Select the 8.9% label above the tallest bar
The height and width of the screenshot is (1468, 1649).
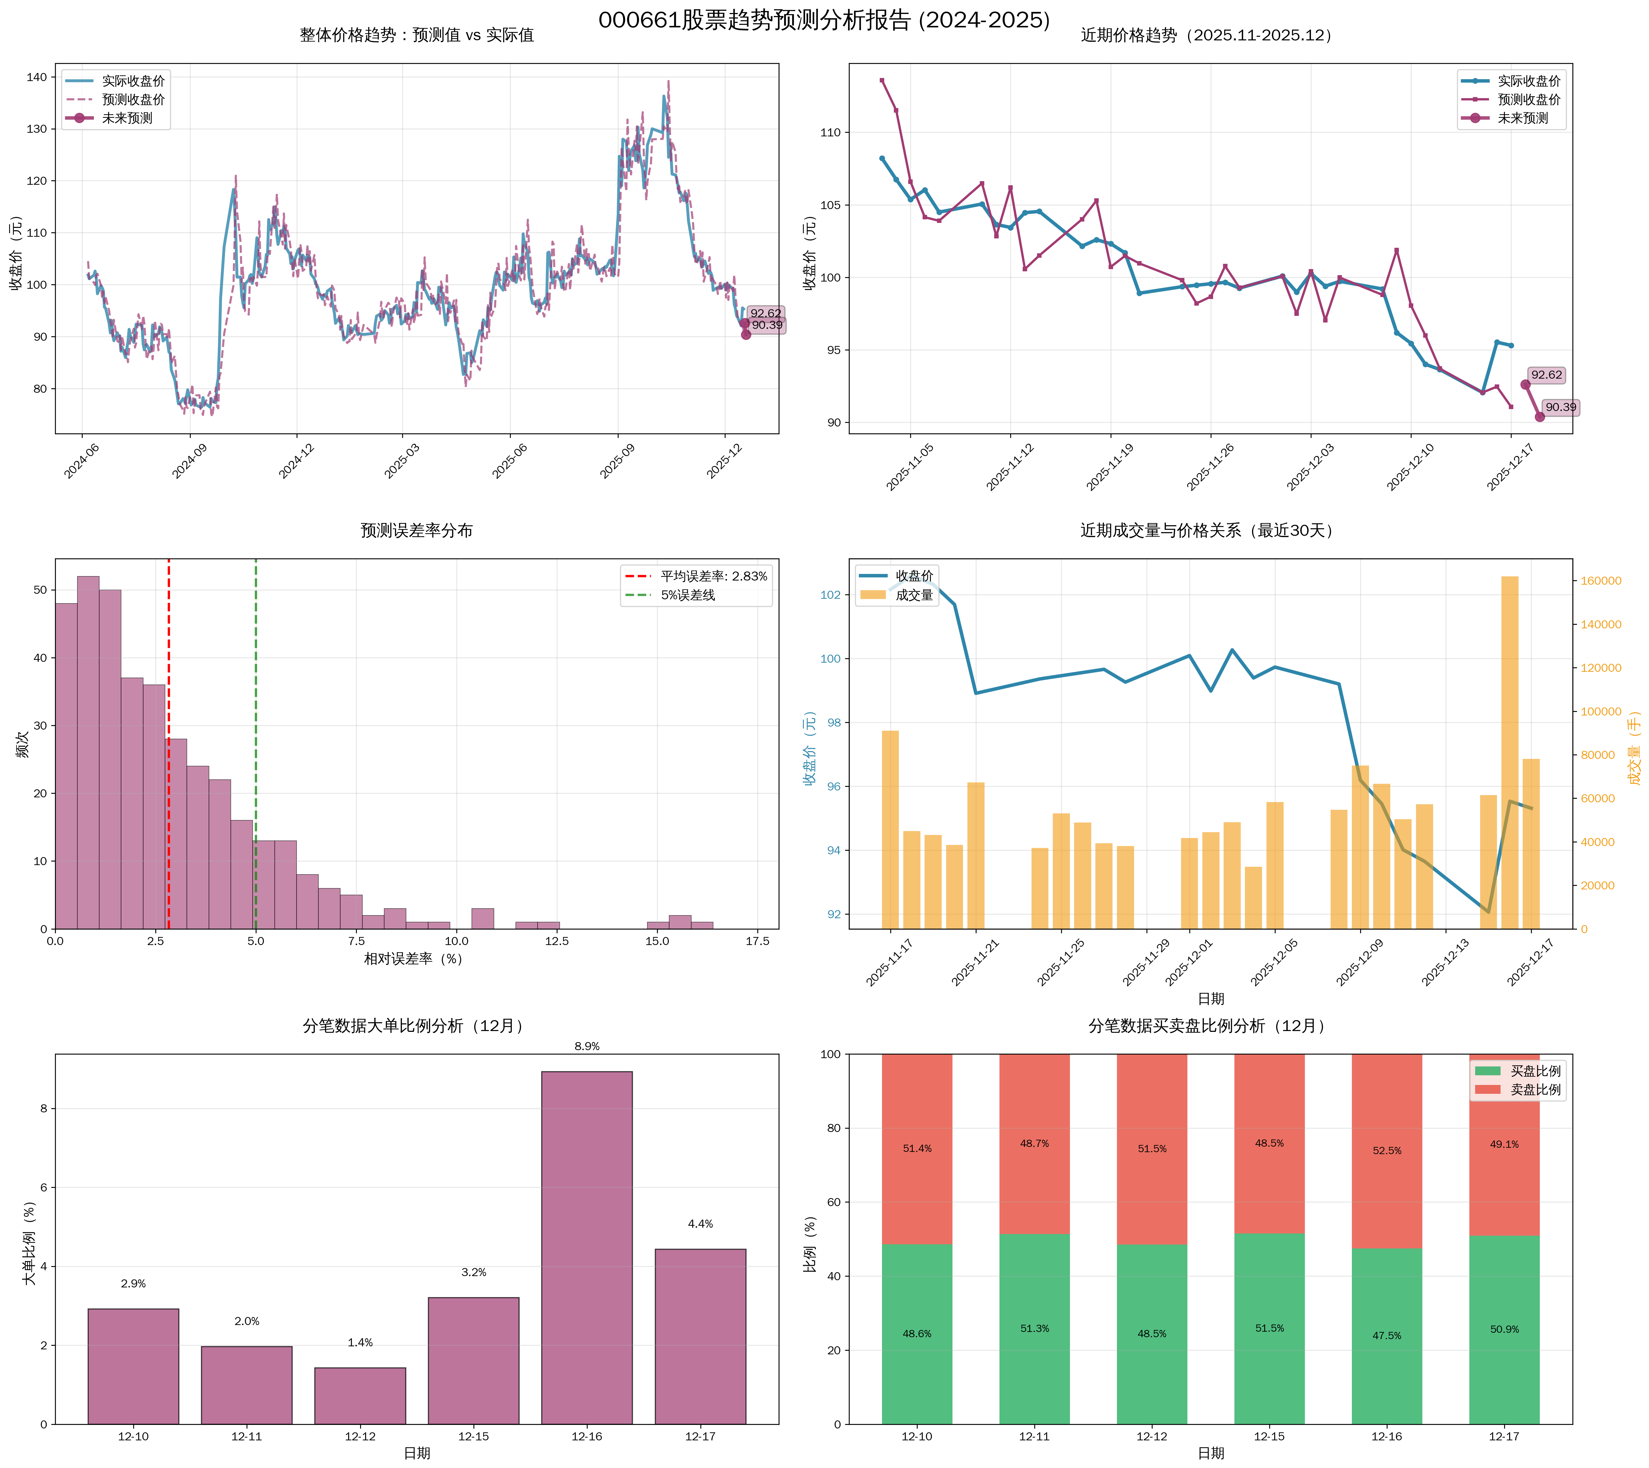(x=587, y=1046)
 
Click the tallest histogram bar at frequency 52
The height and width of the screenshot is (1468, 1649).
(x=88, y=751)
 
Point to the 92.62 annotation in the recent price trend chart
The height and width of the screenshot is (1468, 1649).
(x=1546, y=375)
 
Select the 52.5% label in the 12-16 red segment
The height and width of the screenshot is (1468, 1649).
(x=1387, y=1151)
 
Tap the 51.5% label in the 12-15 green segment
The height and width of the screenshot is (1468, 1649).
(x=1269, y=1328)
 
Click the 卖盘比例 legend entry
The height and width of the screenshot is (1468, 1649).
(x=1535, y=1089)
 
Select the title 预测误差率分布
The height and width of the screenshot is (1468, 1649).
(x=416, y=530)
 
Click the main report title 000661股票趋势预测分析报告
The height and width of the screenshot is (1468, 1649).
(x=824, y=20)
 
